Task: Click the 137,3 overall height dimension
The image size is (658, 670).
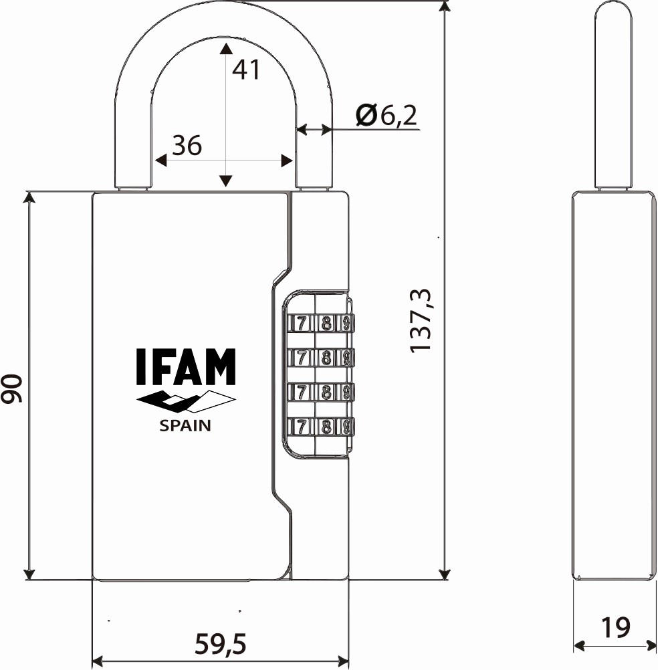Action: click(x=421, y=321)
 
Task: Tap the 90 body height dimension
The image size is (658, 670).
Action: click(x=11, y=388)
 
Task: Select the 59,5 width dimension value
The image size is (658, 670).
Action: click(x=221, y=643)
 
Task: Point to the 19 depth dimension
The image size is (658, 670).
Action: click(x=616, y=627)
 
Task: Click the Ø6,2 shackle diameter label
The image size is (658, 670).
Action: click(x=387, y=116)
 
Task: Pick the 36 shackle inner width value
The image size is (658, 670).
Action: click(x=187, y=145)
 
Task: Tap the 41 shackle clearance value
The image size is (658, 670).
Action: click(x=245, y=70)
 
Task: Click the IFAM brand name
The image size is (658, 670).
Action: click(x=186, y=366)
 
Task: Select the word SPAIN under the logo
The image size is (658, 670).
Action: click(x=185, y=425)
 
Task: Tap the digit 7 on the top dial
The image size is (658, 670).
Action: click(x=302, y=324)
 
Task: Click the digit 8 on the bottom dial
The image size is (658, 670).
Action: click(x=326, y=427)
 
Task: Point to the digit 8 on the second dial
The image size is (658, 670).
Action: click(x=326, y=357)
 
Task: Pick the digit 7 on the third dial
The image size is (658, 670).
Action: click(x=302, y=392)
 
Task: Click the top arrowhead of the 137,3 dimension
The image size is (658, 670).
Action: click(x=445, y=7)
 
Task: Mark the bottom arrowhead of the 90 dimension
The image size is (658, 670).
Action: click(x=29, y=574)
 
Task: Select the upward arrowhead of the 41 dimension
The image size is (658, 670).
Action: click(x=225, y=48)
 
